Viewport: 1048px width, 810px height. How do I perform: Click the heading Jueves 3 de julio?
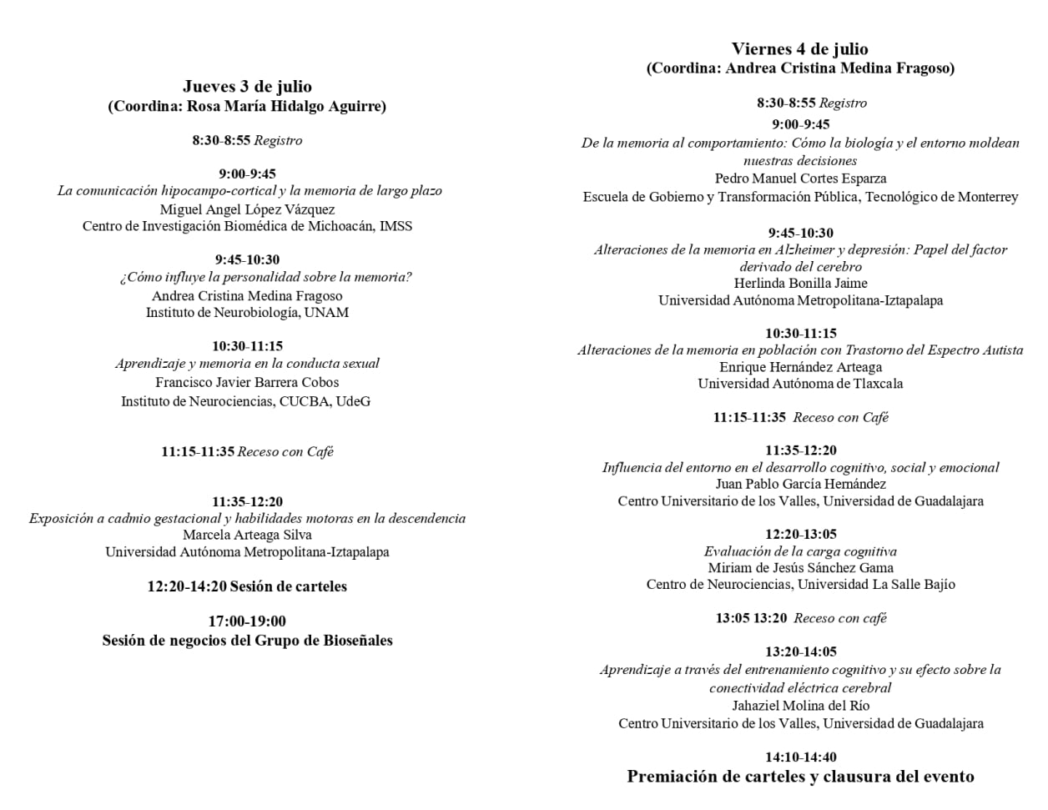pos(247,87)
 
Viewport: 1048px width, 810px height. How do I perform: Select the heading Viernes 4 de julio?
pos(799,49)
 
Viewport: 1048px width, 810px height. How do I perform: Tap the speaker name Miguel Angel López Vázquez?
pos(247,209)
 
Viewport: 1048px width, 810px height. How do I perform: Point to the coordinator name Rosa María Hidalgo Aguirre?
pos(284,106)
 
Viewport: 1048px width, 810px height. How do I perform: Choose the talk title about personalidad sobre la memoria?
pos(265,277)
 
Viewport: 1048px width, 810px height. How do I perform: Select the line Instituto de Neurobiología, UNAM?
pos(247,313)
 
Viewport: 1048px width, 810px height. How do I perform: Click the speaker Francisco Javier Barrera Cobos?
pos(247,382)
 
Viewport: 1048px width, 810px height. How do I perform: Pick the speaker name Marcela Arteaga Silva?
pos(247,535)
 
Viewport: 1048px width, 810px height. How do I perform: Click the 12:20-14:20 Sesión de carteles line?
pos(247,586)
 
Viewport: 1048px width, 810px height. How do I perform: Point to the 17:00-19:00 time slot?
pos(247,621)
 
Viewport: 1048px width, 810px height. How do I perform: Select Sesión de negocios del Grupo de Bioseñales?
pos(247,641)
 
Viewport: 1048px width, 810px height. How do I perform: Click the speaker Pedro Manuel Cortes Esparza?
pos(800,179)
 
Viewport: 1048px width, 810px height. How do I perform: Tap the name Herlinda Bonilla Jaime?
pos(800,284)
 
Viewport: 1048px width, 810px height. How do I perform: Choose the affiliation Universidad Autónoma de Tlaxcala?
pos(800,384)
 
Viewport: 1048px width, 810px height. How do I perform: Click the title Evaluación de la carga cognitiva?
pos(800,551)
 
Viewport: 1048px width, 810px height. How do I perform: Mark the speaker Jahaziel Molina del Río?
pos(800,706)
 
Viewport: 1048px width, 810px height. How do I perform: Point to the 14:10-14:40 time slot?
pos(800,757)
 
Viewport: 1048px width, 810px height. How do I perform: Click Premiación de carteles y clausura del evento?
pos(800,777)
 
